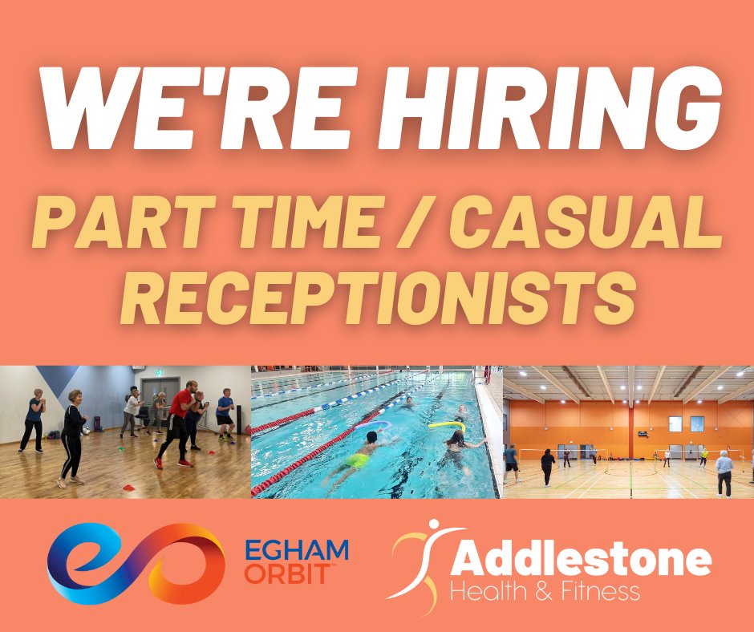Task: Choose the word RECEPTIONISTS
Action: pos(377,294)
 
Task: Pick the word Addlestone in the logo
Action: pos(581,559)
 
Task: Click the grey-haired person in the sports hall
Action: pos(724,469)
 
